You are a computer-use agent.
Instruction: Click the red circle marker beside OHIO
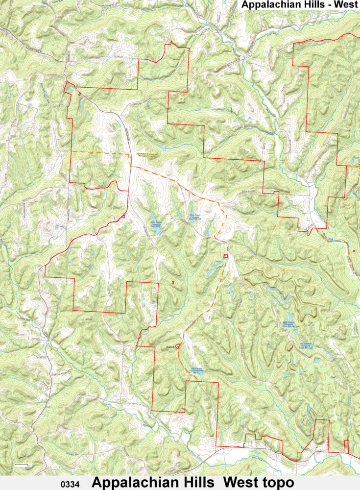[x=178, y=346]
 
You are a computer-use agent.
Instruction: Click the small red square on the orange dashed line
[x=226, y=256]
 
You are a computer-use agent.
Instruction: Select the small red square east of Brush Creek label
[x=354, y=250]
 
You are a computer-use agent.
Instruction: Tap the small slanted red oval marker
[x=79, y=94]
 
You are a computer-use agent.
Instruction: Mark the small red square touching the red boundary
[x=124, y=216]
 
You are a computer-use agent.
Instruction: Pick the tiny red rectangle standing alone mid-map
[x=173, y=282]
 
